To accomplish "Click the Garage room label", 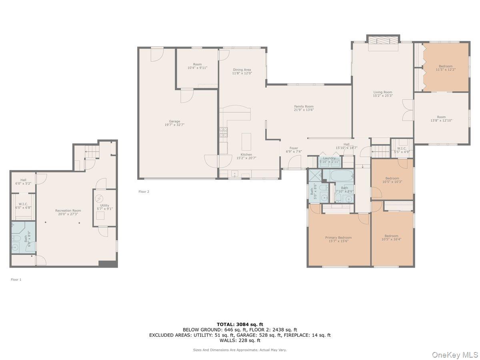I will point(174,121).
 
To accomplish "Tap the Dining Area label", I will point(242,70).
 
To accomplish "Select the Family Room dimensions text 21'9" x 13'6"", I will point(304,110).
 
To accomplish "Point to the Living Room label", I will point(382,92).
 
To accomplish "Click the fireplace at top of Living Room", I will point(383,41).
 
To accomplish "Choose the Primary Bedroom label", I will point(338,238).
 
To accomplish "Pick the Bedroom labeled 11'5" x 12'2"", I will point(445,66).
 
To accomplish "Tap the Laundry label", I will point(329,158).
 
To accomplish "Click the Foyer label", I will point(294,148).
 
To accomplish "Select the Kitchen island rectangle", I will point(246,141).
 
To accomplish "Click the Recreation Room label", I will point(68,210).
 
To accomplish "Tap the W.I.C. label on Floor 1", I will point(22,204).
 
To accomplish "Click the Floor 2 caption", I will point(144,192).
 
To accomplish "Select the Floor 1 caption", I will point(16,280).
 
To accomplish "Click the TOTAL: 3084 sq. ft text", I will point(240,324).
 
